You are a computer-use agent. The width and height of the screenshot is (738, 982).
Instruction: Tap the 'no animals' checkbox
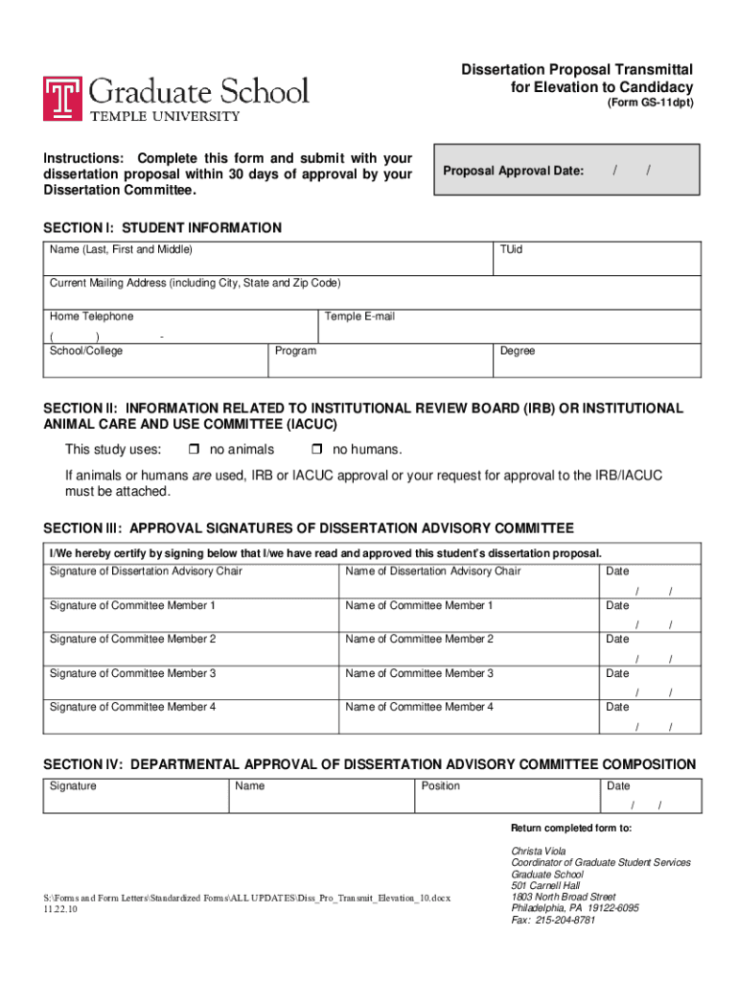tap(193, 450)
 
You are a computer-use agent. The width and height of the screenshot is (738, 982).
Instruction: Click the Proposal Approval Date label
tap(514, 171)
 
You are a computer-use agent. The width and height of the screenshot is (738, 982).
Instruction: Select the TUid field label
tap(511, 249)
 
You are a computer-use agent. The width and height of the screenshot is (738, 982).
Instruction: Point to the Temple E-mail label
tap(359, 316)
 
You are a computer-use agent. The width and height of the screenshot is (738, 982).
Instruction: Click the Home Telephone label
tap(92, 316)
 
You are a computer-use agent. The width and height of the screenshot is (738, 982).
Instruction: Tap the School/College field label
tap(86, 351)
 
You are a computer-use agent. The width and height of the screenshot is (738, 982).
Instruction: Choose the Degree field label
tap(518, 351)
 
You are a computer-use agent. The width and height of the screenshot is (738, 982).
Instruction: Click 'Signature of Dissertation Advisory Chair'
tap(146, 572)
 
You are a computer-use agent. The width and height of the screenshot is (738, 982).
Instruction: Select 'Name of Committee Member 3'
tap(419, 673)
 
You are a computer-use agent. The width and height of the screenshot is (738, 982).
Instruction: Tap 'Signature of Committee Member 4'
tap(132, 707)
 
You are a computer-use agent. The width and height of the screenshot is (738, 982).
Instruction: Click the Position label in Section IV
tap(440, 786)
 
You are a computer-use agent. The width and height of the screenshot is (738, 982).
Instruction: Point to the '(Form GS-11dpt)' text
tap(649, 103)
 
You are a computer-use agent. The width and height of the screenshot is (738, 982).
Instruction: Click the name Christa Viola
tap(538, 851)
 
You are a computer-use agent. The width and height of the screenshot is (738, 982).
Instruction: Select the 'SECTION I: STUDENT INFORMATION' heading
tap(162, 227)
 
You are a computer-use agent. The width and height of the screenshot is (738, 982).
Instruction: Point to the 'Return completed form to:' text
tap(570, 828)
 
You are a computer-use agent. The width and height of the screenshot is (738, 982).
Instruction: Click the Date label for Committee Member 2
tap(617, 639)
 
